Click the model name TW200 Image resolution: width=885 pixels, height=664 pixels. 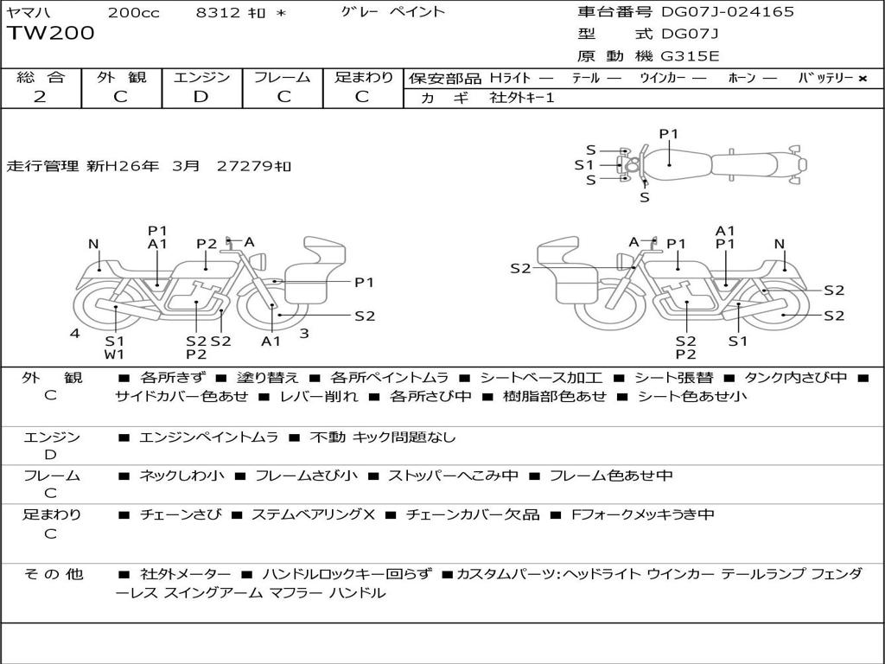51,34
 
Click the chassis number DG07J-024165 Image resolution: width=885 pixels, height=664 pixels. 728,11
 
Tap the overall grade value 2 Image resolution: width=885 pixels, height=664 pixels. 40,97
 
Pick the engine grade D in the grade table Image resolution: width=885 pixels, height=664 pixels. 201,97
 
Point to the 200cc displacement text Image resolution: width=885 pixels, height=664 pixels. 134,12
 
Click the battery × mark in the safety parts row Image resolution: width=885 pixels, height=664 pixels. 863,79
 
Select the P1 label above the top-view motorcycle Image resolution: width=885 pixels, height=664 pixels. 669,134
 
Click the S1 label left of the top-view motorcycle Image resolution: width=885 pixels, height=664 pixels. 584,165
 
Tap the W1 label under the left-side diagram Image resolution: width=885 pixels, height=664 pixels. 115,354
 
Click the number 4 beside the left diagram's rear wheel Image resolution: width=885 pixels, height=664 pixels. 75,334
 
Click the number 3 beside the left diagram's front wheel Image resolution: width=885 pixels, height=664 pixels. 304,334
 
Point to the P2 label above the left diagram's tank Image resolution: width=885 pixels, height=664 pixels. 207,244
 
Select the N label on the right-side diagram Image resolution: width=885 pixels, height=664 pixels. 780,244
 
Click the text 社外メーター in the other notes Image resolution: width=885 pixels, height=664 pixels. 185,574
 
